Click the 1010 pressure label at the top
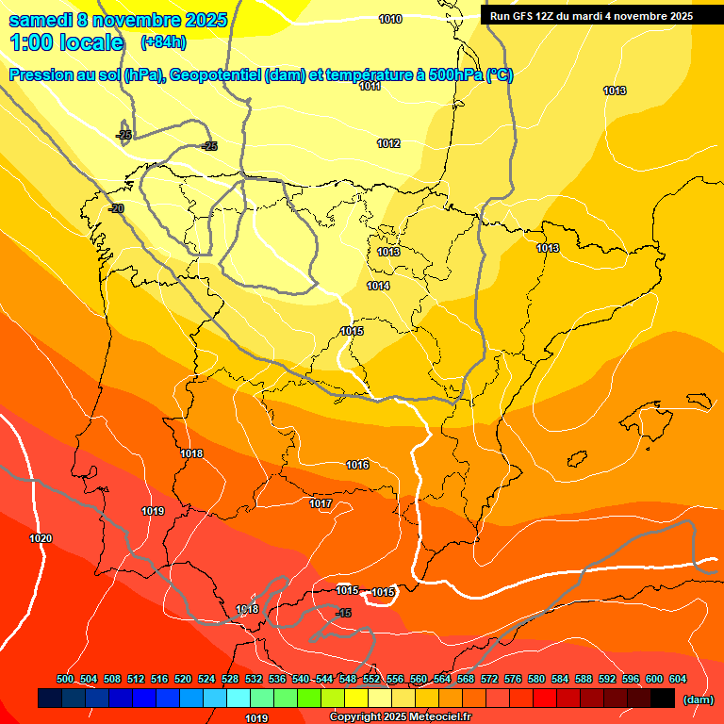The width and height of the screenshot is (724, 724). (x=390, y=19)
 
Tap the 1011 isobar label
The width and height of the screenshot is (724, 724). (x=370, y=86)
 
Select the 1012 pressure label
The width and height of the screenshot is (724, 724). (x=388, y=143)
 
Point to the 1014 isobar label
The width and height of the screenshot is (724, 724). (x=378, y=286)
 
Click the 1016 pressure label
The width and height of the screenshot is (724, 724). (x=357, y=465)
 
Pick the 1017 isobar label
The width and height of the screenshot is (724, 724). (x=321, y=503)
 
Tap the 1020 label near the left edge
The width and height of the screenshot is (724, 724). (x=41, y=538)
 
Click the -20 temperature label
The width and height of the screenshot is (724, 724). (x=116, y=208)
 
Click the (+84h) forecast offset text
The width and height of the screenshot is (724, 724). (x=163, y=42)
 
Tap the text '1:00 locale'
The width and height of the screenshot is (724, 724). (x=67, y=42)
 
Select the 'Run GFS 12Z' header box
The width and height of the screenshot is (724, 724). (x=591, y=16)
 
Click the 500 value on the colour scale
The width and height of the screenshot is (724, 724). (x=65, y=679)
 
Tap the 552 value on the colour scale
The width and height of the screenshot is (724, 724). (x=371, y=679)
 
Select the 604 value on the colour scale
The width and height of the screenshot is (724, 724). (x=678, y=679)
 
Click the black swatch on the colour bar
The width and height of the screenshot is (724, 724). (x=663, y=698)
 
